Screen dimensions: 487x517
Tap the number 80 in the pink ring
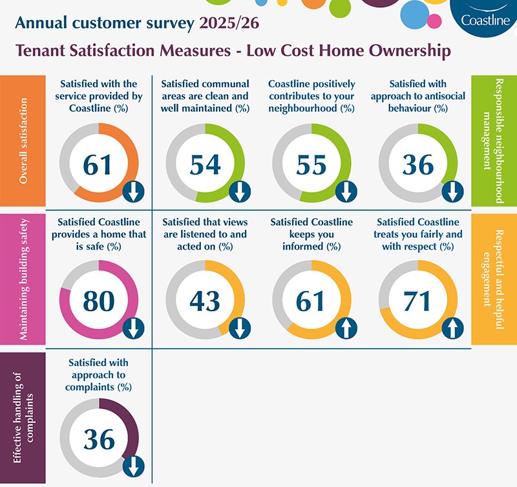[98, 301]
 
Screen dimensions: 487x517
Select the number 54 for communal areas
[205, 165]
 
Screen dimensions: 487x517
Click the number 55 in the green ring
[311, 165]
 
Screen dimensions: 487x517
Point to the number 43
[205, 301]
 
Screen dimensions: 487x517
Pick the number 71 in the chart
[418, 301]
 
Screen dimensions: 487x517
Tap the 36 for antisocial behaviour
[418, 165]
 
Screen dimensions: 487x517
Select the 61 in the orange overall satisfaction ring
[98, 165]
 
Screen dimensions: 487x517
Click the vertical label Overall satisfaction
[23, 141]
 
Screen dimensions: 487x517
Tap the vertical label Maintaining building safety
[23, 278]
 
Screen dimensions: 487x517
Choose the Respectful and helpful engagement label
[494, 278]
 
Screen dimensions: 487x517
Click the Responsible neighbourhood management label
[494, 141]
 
